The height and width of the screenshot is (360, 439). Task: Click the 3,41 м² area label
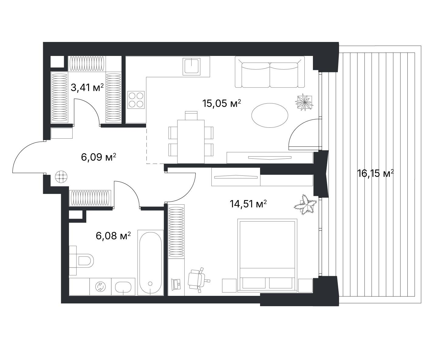87,88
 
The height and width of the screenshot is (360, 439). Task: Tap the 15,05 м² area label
222,103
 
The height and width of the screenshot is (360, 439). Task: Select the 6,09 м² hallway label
98,157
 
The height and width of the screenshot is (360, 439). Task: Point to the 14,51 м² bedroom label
248,204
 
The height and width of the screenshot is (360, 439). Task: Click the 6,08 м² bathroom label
113,236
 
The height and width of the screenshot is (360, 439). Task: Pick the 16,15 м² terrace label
376,173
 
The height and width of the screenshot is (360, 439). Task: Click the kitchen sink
191,67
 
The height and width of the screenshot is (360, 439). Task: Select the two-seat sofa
270,72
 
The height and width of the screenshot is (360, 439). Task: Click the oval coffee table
270,116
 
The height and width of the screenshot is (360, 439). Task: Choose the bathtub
150,262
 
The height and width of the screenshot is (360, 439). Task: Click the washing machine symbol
101,286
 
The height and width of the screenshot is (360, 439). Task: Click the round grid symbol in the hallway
61,177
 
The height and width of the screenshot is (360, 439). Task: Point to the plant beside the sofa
304,102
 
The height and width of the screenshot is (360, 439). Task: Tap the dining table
191,142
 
